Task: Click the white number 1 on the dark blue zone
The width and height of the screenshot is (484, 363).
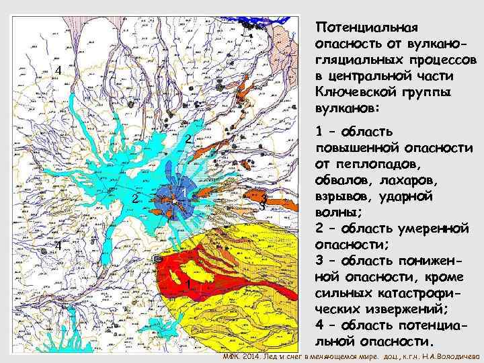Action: (x=184, y=194)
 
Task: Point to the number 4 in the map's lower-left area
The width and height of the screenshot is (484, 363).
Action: (x=58, y=245)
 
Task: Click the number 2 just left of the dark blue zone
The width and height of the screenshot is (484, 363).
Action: (x=135, y=200)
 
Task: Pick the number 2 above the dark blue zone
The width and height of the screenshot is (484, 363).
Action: (x=190, y=140)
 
